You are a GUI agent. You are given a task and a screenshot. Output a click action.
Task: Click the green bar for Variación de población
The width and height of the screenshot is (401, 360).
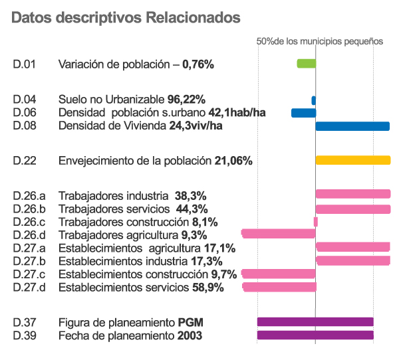click(x=306, y=64)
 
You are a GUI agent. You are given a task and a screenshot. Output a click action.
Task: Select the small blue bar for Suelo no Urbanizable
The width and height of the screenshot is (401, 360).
click(x=313, y=100)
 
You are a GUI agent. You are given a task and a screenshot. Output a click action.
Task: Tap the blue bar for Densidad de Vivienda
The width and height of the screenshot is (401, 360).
click(x=352, y=126)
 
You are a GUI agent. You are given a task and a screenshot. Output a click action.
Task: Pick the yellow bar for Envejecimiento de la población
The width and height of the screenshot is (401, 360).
click(x=352, y=160)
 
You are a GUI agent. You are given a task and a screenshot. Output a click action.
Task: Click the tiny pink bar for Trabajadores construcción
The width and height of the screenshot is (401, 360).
click(x=316, y=222)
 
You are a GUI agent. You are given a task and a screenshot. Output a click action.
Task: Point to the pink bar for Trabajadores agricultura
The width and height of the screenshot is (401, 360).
click(x=278, y=234)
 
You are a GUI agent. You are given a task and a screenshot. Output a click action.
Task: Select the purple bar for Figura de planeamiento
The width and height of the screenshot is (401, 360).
click(x=315, y=322)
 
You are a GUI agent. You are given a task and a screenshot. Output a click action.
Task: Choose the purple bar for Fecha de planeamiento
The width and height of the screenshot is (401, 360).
click(x=315, y=335)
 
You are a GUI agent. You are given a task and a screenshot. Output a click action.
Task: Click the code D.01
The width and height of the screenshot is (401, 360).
click(x=24, y=64)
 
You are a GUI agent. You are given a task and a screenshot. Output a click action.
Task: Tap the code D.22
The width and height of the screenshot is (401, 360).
click(x=24, y=161)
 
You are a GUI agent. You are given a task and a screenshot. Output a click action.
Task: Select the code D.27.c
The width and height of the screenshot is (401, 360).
click(x=29, y=274)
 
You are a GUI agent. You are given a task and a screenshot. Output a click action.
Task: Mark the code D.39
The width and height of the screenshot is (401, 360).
click(x=24, y=336)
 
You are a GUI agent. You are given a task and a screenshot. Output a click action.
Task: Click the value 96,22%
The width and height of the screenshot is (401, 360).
click(x=186, y=100)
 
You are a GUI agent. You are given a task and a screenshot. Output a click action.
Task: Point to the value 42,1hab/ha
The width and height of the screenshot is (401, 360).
click(x=237, y=113)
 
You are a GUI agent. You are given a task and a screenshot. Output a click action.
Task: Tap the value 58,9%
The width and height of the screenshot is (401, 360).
click(x=207, y=288)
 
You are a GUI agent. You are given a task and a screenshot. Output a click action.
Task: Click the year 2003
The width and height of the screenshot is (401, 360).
click(x=190, y=336)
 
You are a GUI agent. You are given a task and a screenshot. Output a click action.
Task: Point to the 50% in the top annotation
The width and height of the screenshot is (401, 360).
click(x=265, y=41)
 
